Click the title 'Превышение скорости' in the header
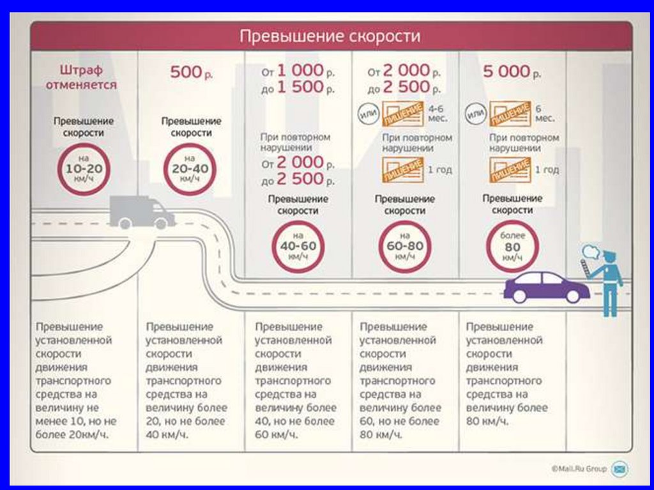tap(330, 36)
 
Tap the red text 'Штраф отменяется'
tap(80, 77)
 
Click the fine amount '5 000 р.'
tap(512, 72)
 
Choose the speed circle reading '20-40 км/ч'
tap(190, 169)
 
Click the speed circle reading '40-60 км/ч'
tap(298, 247)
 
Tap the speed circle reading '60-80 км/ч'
tap(405, 247)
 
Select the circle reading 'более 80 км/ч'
tap(512, 247)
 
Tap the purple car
tap(547, 287)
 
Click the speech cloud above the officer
tap(591, 250)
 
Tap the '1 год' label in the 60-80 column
tap(439, 170)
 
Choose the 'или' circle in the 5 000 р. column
tap(475, 117)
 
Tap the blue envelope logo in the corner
tap(619, 469)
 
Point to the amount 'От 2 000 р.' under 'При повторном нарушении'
tap(297, 164)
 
